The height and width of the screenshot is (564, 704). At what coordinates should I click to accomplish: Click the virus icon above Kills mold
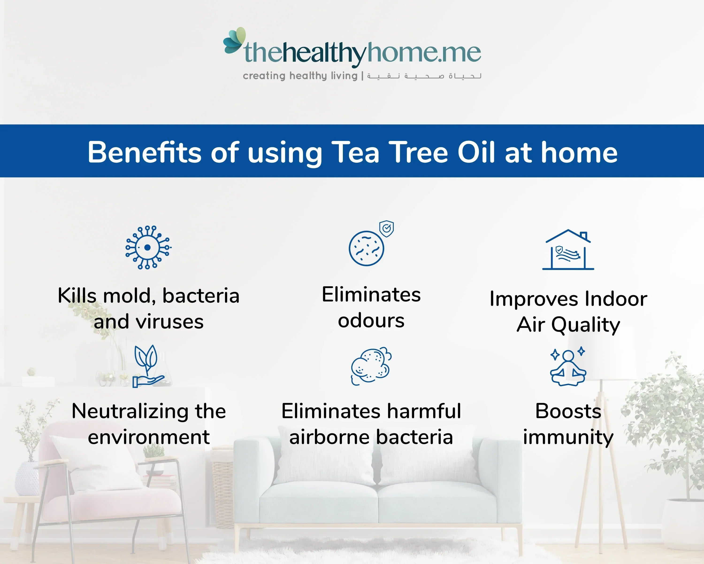148,247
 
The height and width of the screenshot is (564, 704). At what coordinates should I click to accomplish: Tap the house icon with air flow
568,250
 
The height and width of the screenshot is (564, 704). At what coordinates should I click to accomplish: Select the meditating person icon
568,367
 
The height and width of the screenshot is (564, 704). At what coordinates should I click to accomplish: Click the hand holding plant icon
148,367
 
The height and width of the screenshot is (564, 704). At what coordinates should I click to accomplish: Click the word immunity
568,438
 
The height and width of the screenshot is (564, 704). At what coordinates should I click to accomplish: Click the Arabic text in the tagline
424,76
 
